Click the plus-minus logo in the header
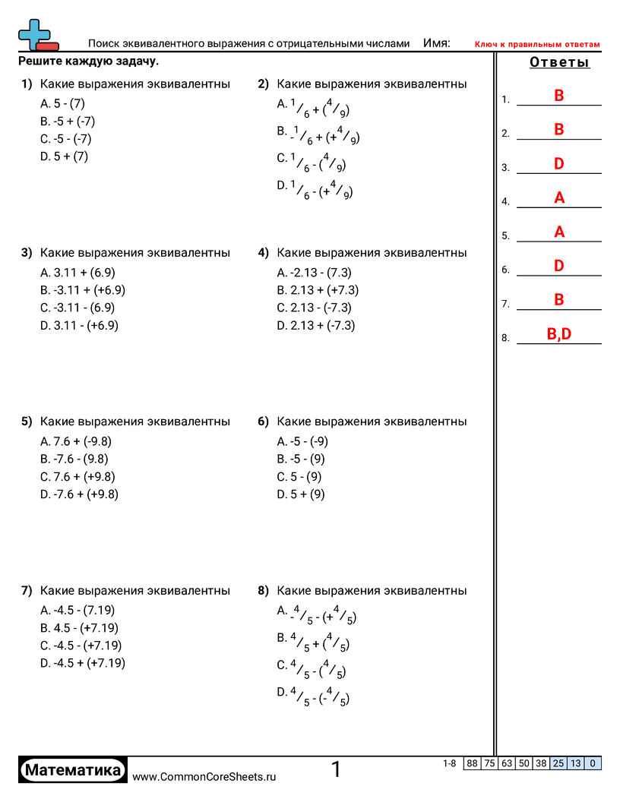pyautogui.click(x=37, y=35)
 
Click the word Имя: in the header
pyautogui.click(x=436, y=44)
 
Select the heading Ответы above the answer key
pyautogui.click(x=559, y=62)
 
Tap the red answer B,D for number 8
pyautogui.click(x=559, y=334)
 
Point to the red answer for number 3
pyautogui.click(x=559, y=164)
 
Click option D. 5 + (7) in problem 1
pyautogui.click(x=65, y=156)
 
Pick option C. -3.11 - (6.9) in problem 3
pyautogui.click(x=77, y=308)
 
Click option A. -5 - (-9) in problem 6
pyautogui.click(x=302, y=441)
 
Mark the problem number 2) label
pyautogui.click(x=264, y=84)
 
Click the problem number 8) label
pyautogui.click(x=264, y=590)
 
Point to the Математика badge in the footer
pyautogui.click(x=73, y=771)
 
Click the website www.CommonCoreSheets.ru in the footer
pyautogui.click(x=204, y=776)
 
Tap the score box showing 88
pyautogui.click(x=472, y=763)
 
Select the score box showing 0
pyautogui.click(x=593, y=763)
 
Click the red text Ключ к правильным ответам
pyautogui.click(x=537, y=45)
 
